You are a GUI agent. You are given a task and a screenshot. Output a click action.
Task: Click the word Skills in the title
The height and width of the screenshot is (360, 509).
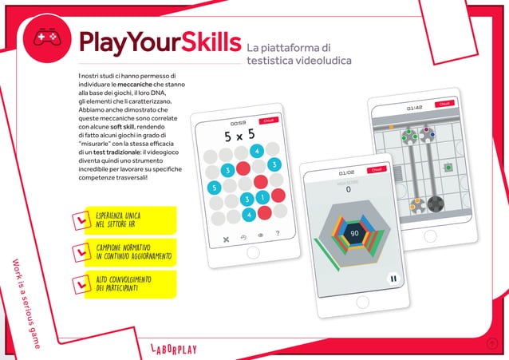click(206, 42)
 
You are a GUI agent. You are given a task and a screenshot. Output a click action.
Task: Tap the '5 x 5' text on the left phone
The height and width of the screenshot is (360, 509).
click(239, 136)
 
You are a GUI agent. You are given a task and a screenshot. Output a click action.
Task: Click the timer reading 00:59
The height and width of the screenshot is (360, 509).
click(238, 123)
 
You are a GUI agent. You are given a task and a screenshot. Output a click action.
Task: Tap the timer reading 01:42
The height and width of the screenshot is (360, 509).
click(414, 107)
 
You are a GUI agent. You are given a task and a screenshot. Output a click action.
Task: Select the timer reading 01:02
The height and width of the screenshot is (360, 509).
click(346, 172)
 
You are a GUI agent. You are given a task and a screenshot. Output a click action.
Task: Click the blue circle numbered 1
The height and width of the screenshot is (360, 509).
click(262, 196)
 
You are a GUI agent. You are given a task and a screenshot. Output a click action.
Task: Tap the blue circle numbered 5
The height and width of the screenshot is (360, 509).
click(212, 188)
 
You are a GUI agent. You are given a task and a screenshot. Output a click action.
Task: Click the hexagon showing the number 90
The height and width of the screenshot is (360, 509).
click(354, 233)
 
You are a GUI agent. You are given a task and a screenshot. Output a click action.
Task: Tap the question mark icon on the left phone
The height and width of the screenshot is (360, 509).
click(277, 235)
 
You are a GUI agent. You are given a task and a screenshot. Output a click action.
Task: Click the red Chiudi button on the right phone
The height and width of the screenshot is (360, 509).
click(444, 104)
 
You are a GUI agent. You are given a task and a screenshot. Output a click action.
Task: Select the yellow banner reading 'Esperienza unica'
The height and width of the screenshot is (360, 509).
click(120, 219)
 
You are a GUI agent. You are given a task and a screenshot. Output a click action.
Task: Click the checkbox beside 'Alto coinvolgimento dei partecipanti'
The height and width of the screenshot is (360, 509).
click(80, 283)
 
